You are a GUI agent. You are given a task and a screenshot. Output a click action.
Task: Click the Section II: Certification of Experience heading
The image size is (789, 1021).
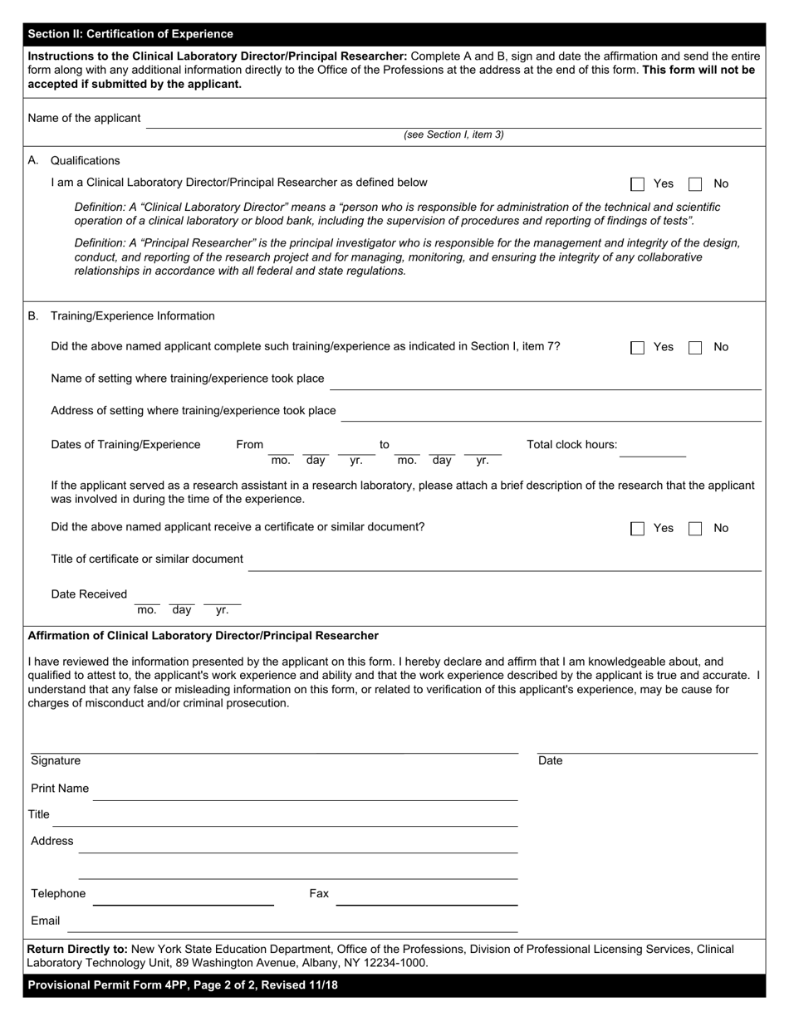(130, 34)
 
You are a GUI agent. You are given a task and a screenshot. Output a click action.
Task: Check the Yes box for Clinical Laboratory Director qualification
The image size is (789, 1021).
(638, 184)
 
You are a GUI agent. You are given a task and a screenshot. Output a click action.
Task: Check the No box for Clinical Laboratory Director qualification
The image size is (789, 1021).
(695, 184)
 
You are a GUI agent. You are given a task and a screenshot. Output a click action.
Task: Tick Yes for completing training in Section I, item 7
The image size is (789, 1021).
(638, 348)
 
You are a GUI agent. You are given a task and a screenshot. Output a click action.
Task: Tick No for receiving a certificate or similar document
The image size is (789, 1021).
(695, 529)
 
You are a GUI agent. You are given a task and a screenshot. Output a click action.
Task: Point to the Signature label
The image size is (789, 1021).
(56, 761)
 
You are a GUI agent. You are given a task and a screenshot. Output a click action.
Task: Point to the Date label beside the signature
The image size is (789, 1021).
(550, 761)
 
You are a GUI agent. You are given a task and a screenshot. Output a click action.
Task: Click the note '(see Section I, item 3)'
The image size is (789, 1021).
(453, 134)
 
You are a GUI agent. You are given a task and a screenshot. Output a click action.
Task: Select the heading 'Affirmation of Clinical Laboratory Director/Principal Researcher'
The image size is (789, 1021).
(203, 636)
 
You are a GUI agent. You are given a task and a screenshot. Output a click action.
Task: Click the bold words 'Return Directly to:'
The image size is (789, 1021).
(77, 949)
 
